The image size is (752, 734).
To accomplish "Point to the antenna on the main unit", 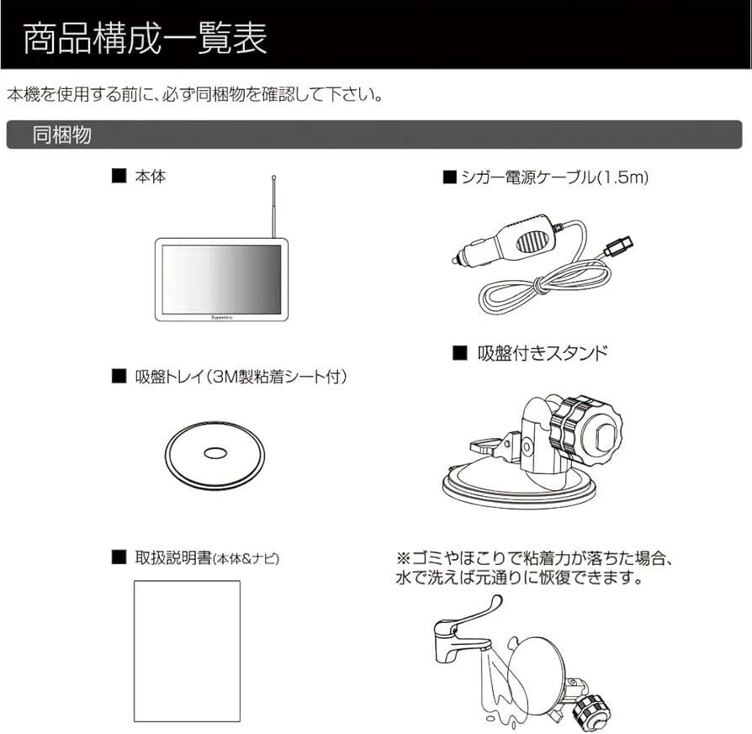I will [274, 206].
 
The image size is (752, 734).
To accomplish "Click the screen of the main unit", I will [220, 278].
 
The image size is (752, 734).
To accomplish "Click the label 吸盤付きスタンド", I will [538, 353].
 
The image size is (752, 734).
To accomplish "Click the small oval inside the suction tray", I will [214, 452].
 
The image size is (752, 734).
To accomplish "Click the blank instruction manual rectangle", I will [187, 651].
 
